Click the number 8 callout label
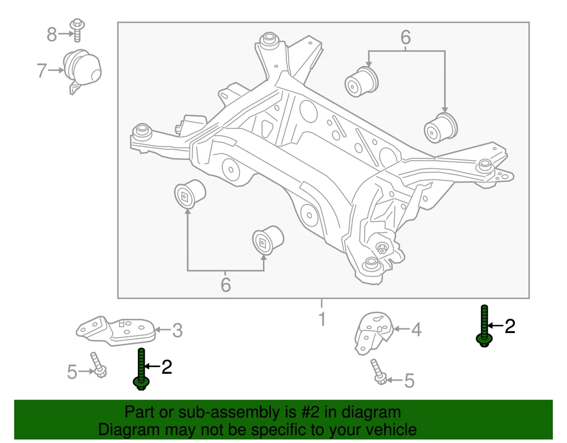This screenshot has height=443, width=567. [x=52, y=35]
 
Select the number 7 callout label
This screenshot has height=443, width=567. [x=41, y=71]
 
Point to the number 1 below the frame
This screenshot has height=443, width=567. [x=321, y=319]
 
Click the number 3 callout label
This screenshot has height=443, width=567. [x=177, y=330]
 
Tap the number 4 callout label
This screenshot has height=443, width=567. [x=416, y=329]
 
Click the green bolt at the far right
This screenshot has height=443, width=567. [x=484, y=326]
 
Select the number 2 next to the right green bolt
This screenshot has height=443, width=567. [x=510, y=326]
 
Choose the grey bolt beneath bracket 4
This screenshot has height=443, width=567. [x=378, y=372]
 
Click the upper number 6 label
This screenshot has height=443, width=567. [x=405, y=37]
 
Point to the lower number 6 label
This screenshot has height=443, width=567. [x=225, y=284]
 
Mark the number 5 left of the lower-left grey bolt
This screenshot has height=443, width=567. [x=71, y=372]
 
